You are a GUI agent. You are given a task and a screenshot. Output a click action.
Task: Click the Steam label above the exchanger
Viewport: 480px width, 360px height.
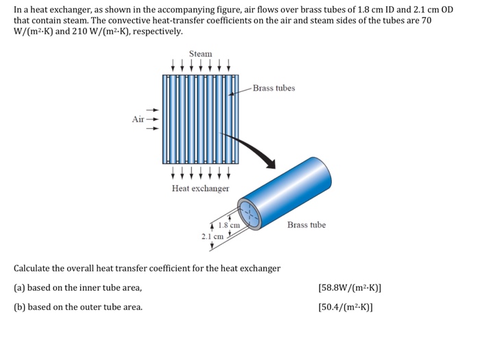(200, 53)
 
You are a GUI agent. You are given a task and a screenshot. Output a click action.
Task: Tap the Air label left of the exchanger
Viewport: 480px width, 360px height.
(139, 119)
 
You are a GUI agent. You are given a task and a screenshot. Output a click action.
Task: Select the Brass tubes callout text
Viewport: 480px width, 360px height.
(274, 88)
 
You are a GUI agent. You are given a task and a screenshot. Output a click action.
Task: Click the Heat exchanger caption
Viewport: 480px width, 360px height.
(200, 188)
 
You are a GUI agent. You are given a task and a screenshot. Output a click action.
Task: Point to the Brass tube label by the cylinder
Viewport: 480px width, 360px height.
(307, 225)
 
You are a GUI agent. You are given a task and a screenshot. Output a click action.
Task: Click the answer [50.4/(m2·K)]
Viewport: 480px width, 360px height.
(346, 307)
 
